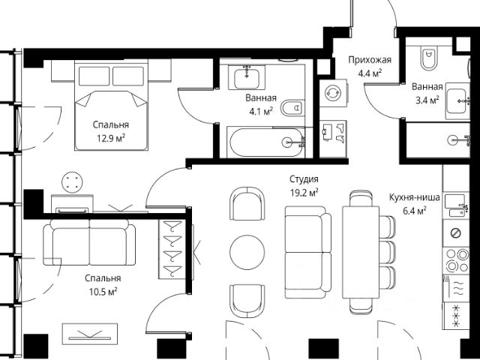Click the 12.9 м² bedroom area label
pyautogui.click(x=111, y=138)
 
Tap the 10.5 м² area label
pyautogui.click(x=103, y=292)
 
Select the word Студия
pyautogui.click(x=304, y=179)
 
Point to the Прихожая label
pyautogui.click(x=370, y=60)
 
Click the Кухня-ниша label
pyautogui.click(x=415, y=197)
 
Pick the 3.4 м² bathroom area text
pyautogui.click(x=427, y=100)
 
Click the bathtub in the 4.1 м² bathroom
pyautogui.click(x=266, y=142)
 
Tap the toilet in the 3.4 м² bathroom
pyautogui.click(x=428, y=58)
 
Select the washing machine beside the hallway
pyautogui.click(x=333, y=93)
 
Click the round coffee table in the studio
pyautogui.click(x=247, y=252)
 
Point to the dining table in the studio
pyautogui.click(x=361, y=252)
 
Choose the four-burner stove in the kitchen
pyautogui.click(x=455, y=260)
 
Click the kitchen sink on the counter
pyautogui.click(x=455, y=205)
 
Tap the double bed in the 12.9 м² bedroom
pyautogui.click(x=112, y=106)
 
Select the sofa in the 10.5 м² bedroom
pyautogui.click(x=89, y=242)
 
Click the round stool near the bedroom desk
pyautogui.click(x=72, y=182)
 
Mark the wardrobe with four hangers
pyautogui.click(x=172, y=249)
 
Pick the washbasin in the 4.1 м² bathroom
pyautogui.click(x=247, y=77)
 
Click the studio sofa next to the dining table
pyautogui.click(x=308, y=252)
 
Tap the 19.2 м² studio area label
pyautogui.click(x=304, y=193)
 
